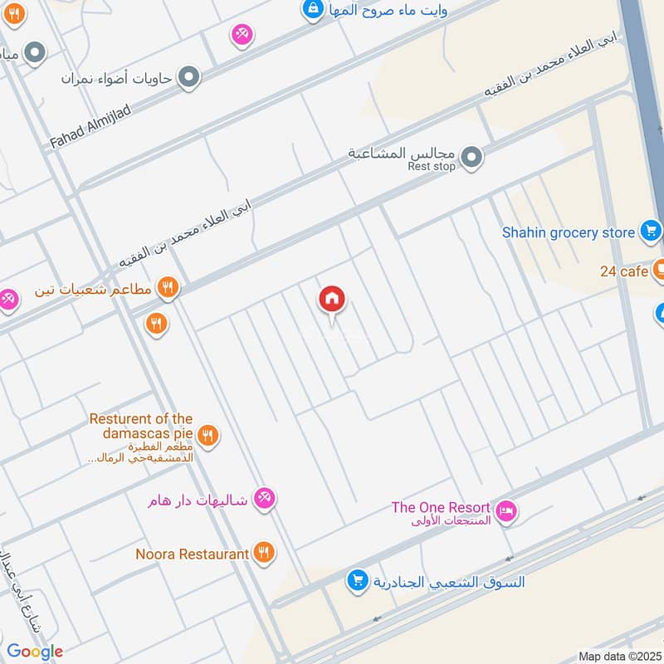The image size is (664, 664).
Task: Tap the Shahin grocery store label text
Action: click(568, 232)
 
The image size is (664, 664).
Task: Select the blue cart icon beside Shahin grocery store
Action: click(651, 232)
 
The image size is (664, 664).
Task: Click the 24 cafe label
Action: click(624, 271)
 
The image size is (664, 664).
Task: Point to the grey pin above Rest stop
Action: click(471, 156)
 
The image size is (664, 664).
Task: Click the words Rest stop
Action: click(432, 167)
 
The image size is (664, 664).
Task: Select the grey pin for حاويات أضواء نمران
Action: click(189, 78)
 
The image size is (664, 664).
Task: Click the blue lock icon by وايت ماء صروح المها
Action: click(313, 10)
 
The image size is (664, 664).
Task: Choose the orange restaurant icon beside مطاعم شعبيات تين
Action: click(168, 288)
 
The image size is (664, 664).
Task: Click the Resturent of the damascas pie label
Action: click(141, 426)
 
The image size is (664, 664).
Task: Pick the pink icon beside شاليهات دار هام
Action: click(265, 498)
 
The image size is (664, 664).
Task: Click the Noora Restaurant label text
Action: click(193, 554)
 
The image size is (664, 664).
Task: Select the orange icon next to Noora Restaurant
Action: click(264, 553)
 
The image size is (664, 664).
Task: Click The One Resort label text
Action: click(441, 507)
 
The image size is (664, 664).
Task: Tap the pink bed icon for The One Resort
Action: click(506, 512)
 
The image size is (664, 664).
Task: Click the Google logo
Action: click(35, 652)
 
